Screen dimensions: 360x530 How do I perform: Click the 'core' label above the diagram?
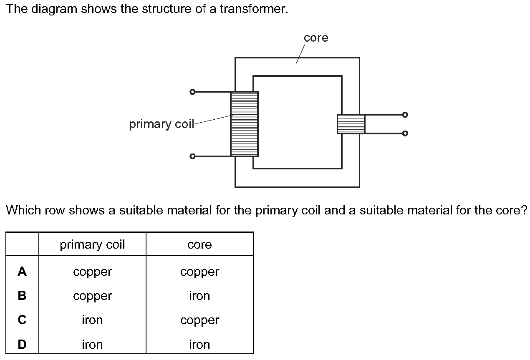(316, 38)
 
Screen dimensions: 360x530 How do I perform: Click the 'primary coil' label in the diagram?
(162, 124)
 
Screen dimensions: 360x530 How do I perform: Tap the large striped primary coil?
(244, 124)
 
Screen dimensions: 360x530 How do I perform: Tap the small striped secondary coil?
(351, 124)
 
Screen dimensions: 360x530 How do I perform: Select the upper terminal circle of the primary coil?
(192, 92)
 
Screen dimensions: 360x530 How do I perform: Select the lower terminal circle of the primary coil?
(192, 156)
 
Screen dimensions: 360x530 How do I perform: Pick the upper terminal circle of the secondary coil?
(404, 114)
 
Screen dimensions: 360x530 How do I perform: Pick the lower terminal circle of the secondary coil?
(404, 133)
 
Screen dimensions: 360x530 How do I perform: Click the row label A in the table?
(22, 272)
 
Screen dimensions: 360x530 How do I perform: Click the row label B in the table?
(22, 296)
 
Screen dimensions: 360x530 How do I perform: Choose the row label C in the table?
(22, 320)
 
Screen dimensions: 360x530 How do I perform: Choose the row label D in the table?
(22, 345)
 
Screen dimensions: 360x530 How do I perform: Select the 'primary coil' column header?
(92, 244)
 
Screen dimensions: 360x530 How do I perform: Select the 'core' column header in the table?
(199, 244)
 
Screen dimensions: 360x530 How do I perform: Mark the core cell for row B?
(199, 296)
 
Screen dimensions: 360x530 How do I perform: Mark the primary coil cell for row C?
(92, 320)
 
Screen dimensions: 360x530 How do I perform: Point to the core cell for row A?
(199, 272)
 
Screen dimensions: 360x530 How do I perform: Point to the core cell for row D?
(199, 345)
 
